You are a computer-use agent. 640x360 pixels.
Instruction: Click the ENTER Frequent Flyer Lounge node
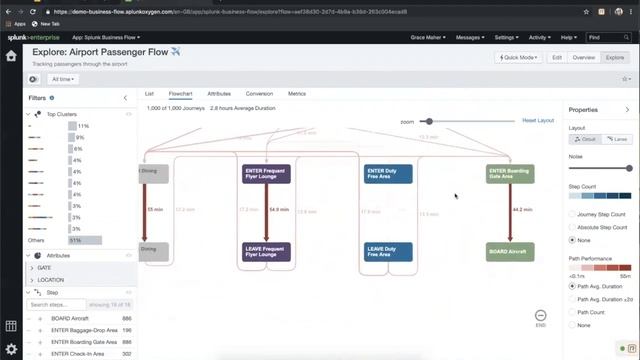point(266,174)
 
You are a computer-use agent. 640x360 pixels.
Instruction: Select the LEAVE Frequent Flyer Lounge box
point(266,252)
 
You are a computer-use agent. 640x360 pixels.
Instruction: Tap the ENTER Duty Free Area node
point(388,174)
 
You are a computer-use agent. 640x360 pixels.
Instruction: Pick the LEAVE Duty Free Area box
point(388,252)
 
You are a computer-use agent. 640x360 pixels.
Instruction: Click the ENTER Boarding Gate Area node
point(510,174)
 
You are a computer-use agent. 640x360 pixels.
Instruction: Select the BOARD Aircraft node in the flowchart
point(510,252)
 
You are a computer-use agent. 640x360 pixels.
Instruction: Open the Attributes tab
point(218,93)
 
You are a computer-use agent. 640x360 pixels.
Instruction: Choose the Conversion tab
point(259,93)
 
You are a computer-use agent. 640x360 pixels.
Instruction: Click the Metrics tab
point(297,93)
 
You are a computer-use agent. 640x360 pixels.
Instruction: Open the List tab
point(150,93)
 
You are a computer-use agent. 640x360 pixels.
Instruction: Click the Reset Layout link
point(538,120)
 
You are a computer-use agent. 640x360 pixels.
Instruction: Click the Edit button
point(557,58)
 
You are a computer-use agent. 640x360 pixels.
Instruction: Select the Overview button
point(583,58)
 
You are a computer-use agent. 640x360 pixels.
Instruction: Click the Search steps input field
point(57,305)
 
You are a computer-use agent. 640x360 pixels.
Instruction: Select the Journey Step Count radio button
point(572,215)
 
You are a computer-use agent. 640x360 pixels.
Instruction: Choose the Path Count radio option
point(572,312)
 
